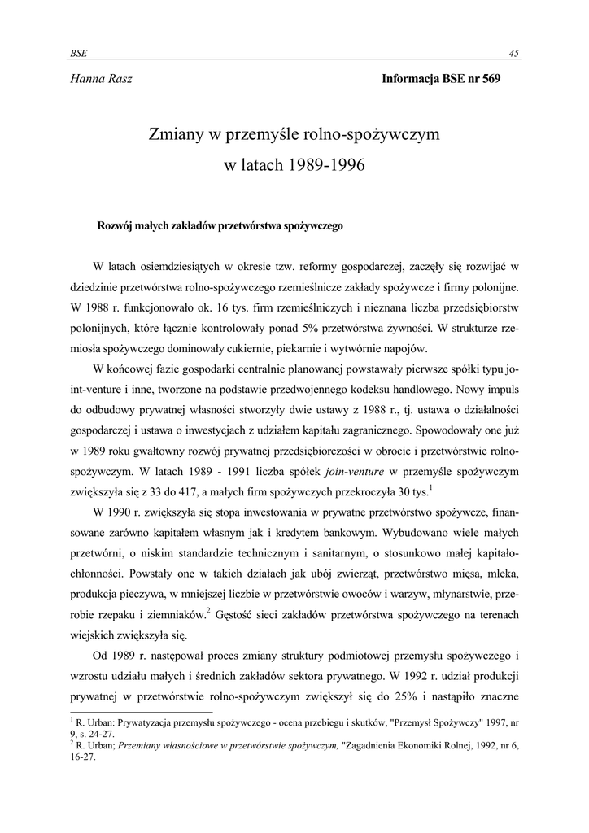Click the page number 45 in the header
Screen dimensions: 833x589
click(514, 53)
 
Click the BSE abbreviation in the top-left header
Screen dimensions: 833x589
click(79, 53)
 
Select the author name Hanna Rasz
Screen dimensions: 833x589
click(101, 79)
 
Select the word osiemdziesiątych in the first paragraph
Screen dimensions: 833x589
click(195, 267)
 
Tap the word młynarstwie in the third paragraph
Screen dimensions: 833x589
click(449, 595)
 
